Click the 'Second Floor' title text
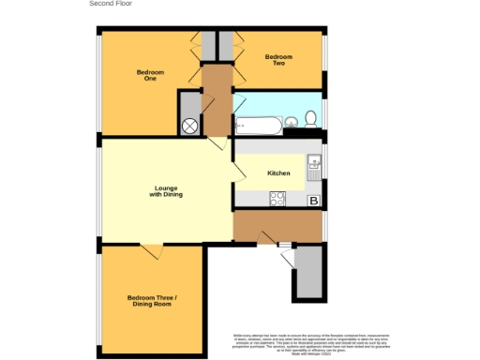(111, 4)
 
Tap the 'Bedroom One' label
(150, 75)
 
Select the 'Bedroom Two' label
(278, 61)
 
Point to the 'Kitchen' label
(278, 173)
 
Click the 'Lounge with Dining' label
(168, 192)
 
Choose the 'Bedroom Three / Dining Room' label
(151, 301)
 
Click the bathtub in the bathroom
(255, 124)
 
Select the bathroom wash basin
(290, 121)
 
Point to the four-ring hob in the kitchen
(278, 199)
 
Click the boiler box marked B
(314, 201)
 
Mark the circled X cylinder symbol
(189, 126)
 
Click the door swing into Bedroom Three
(150, 251)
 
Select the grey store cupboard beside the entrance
(308, 273)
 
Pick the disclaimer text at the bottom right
(313, 342)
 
